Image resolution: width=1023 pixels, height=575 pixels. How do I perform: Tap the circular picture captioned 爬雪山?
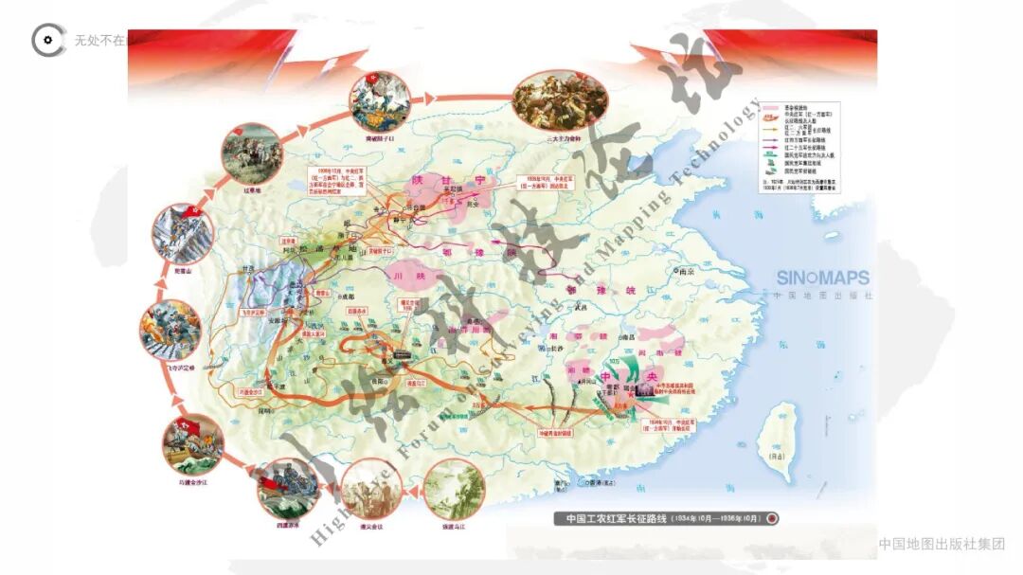click(x=179, y=233)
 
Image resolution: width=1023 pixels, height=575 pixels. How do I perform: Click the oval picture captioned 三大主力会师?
click(x=547, y=102)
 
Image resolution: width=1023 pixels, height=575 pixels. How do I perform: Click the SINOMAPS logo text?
click(x=822, y=279)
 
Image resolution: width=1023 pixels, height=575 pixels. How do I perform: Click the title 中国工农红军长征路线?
click(x=614, y=518)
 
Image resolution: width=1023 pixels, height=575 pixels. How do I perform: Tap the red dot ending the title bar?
click(x=772, y=518)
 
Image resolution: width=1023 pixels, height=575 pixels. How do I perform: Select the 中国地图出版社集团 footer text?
click(x=940, y=544)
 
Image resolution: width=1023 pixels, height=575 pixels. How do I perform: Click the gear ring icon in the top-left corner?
click(x=47, y=40)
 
